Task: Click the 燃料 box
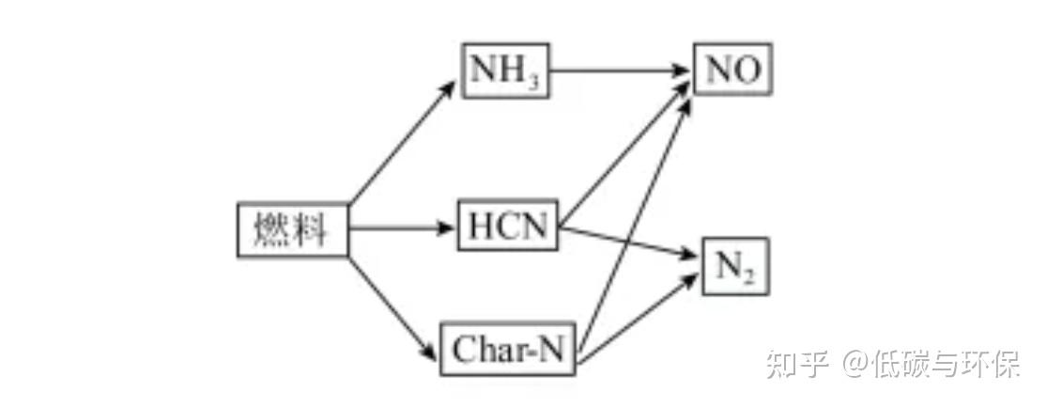(292, 229)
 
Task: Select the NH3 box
(505, 71)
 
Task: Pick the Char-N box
(508, 351)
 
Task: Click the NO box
(732, 70)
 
